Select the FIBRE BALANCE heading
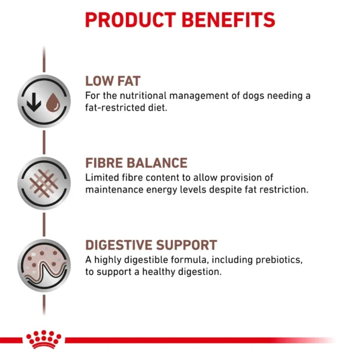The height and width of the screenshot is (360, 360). point(136,163)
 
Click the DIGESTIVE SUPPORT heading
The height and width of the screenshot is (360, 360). point(151,245)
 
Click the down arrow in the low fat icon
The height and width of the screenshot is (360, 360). point(35,103)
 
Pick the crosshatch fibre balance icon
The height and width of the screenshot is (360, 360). point(43,180)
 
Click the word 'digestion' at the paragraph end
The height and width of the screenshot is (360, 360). point(199,273)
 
